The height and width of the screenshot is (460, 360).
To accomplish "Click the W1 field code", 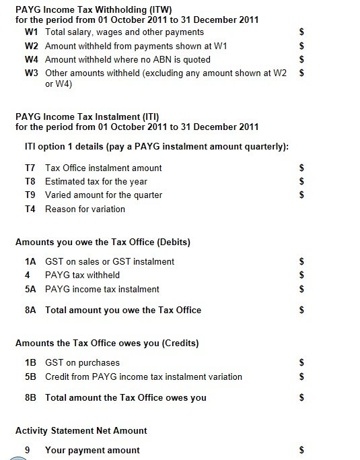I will [x=31, y=32].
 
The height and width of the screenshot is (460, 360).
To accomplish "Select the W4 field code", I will [x=31, y=59].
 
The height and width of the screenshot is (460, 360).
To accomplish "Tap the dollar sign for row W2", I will [x=302, y=46].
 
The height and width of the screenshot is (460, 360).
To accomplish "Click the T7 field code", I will [x=30, y=168].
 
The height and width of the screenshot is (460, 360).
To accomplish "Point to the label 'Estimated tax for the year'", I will [x=96, y=182].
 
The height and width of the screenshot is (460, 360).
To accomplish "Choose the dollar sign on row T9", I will [x=302, y=195].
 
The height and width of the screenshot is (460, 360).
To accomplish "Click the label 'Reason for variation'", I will [x=85, y=209].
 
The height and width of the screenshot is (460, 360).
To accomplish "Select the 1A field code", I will [x=30, y=261].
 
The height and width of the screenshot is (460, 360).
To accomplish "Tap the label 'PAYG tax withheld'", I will [x=82, y=275].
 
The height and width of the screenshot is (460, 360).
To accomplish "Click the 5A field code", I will [x=30, y=289].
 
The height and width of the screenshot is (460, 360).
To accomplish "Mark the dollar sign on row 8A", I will [x=302, y=310].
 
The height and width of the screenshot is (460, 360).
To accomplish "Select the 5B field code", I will [x=30, y=376].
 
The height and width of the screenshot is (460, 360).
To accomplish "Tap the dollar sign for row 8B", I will [x=302, y=398].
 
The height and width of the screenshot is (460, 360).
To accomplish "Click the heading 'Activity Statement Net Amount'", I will [x=81, y=430].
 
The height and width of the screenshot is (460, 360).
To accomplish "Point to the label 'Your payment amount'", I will [x=92, y=450].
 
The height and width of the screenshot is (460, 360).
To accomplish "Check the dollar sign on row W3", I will [x=302, y=73].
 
